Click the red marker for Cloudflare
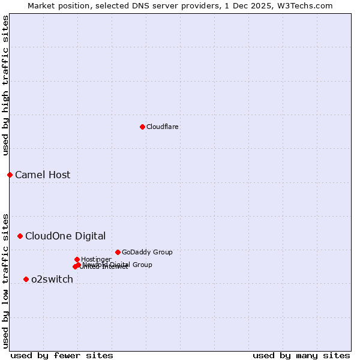142,127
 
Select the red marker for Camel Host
10,175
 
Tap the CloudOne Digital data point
20,236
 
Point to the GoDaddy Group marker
118,252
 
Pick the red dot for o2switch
26,279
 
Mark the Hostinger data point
77,259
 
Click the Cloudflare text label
162,127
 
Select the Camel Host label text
43,175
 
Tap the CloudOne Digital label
65,236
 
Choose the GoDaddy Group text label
147,252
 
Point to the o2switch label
52,279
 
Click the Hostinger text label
96,259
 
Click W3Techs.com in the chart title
308,5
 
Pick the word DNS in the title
138,5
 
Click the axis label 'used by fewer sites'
62,355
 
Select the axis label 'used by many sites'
301,355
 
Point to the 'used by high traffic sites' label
5,85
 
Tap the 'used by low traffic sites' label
5,280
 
